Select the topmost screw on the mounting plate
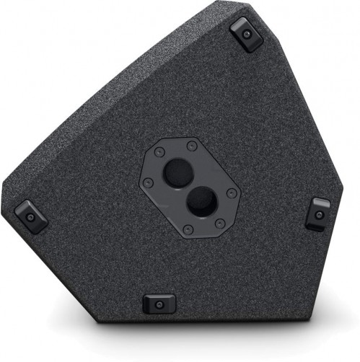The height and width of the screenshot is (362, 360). tap(193, 146)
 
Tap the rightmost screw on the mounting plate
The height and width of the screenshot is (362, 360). tap(231, 193)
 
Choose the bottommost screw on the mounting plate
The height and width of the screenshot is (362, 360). tap(188, 229)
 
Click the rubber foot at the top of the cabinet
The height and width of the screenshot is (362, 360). tap(247, 34)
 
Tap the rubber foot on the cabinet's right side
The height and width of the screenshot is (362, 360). tap(318, 213)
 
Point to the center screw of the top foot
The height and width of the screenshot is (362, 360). tap(247, 33)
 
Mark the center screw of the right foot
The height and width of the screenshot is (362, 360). tap(319, 213)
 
